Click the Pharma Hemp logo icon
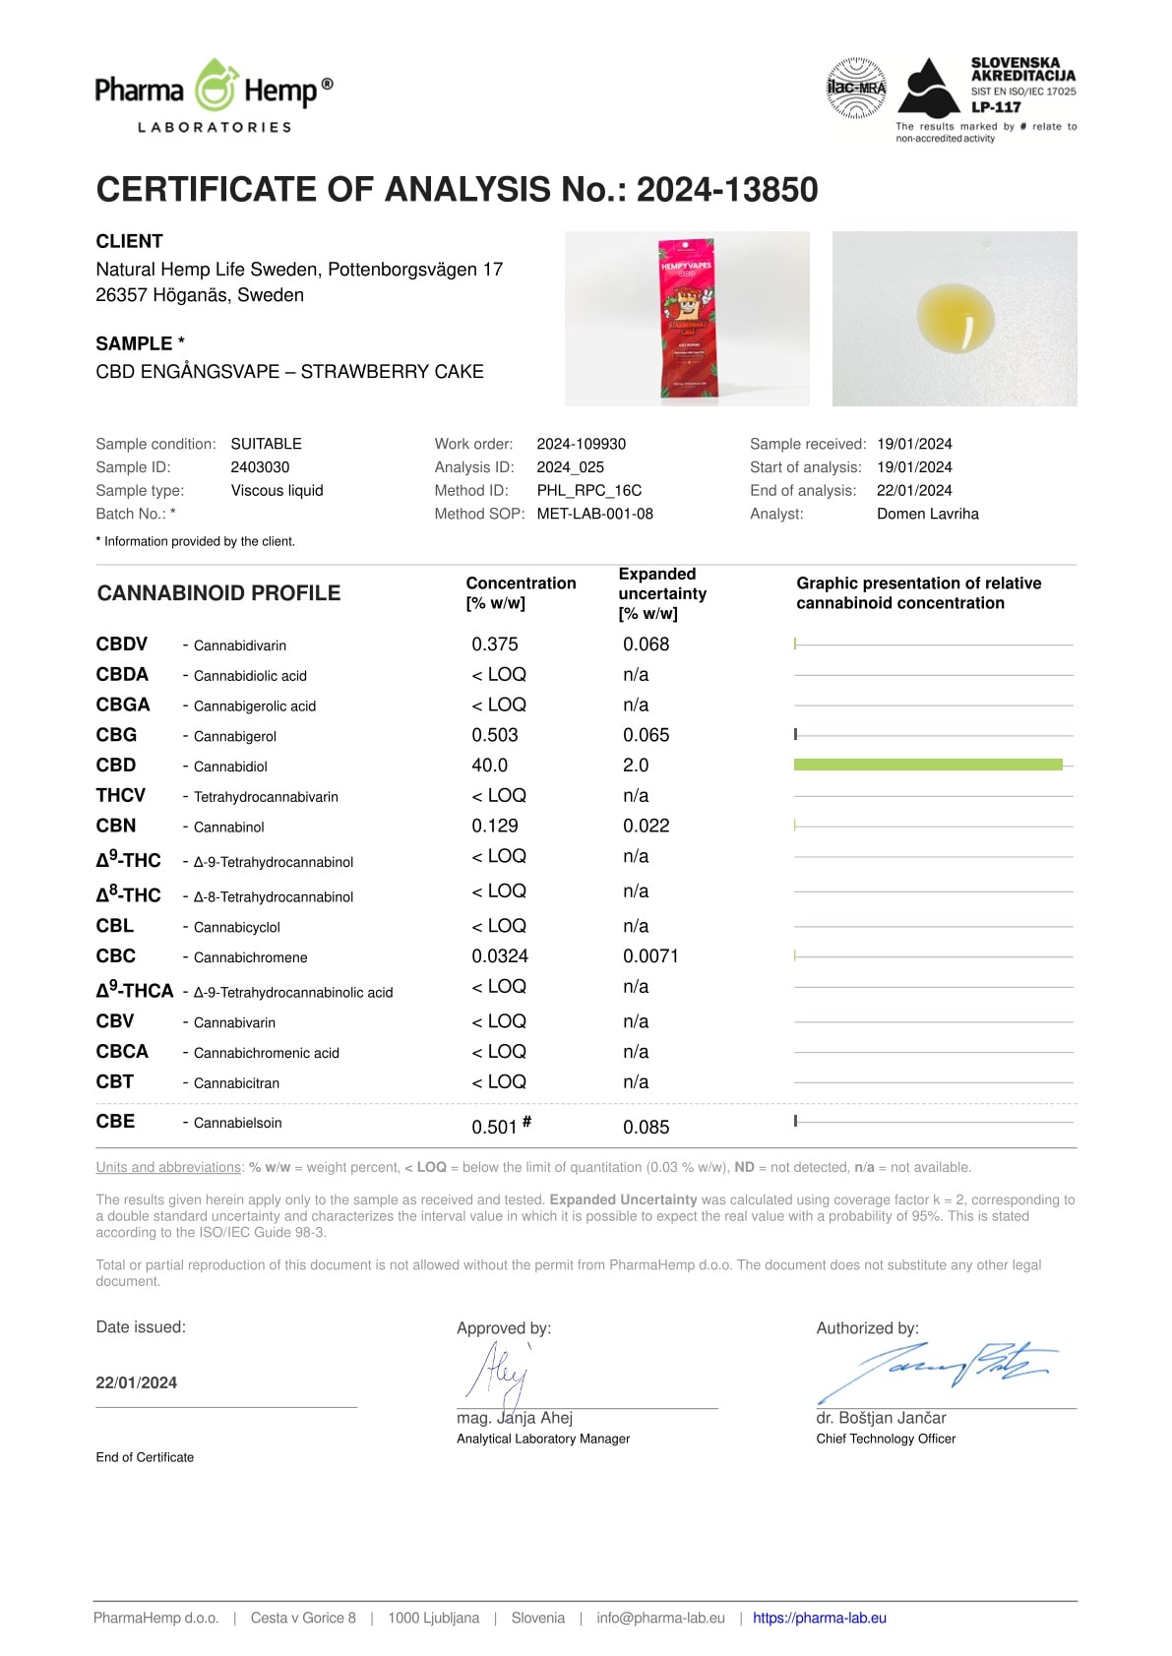pos(215,87)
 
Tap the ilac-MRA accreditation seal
pos(856,89)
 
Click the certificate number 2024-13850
pos(727,190)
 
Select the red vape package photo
pos(687,318)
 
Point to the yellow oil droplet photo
pos(955,318)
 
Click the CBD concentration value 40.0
pos(490,766)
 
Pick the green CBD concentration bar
pos(928,765)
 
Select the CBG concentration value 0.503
pos(495,735)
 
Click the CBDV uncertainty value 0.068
pos(646,644)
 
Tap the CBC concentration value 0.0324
pos(500,956)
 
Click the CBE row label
pos(116,1122)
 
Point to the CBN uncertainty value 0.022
pos(646,826)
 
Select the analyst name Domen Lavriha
pos(927,514)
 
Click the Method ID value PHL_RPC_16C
pos(588,490)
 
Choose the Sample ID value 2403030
pos(260,467)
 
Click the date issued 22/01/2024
pos(137,1382)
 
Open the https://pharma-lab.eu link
pos(820,1618)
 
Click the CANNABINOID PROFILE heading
pos(218,593)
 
